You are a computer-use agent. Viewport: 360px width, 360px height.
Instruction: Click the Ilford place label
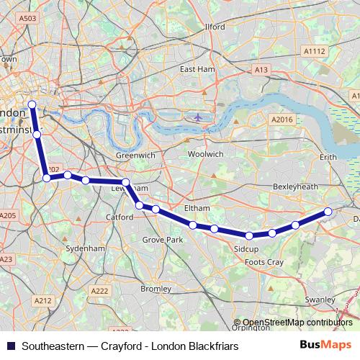(215, 27)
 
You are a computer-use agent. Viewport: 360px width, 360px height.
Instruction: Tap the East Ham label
(197, 69)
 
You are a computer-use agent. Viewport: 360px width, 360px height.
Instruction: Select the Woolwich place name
(205, 154)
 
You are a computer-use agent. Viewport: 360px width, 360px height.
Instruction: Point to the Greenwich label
(135, 155)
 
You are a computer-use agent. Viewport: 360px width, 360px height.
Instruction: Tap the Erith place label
(328, 156)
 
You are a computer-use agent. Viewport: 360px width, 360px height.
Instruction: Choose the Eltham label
(197, 208)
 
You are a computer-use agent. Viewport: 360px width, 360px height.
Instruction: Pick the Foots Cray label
(264, 262)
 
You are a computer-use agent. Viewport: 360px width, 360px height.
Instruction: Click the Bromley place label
(156, 289)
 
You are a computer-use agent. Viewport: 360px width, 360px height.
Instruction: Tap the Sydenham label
(85, 248)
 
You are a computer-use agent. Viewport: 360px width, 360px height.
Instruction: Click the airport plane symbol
(199, 117)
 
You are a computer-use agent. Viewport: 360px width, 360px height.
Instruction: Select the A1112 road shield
(315, 51)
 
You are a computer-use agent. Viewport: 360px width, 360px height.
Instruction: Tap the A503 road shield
(28, 18)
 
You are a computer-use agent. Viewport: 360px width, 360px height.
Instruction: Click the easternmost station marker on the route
(328, 211)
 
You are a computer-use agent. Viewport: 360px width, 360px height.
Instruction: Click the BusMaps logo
(325, 345)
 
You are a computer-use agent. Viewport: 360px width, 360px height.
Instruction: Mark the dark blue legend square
(10, 346)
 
